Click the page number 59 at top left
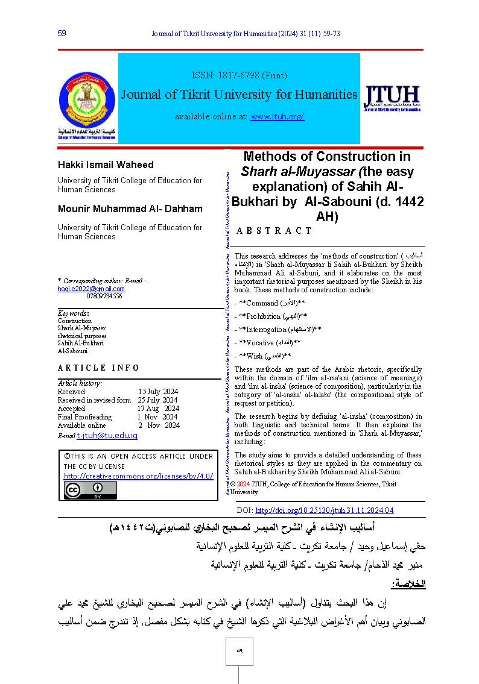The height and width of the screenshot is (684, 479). (x=62, y=33)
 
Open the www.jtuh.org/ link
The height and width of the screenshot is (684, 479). (x=277, y=116)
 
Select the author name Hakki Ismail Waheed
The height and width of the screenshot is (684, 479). (x=106, y=165)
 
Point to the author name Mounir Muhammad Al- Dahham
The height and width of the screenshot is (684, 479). (x=130, y=209)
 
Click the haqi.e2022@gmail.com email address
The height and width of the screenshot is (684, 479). (x=91, y=289)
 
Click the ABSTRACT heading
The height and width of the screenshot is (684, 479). (x=274, y=231)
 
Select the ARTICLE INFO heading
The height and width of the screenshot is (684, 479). (x=90, y=368)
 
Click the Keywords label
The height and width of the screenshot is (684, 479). (x=73, y=313)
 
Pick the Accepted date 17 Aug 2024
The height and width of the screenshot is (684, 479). (x=158, y=408)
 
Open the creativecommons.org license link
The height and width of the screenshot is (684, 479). (x=139, y=475)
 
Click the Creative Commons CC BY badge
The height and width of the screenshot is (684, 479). (x=90, y=491)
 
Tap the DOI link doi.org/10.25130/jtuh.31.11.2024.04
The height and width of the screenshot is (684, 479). (x=324, y=510)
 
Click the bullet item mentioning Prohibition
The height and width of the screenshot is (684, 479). (x=271, y=316)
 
